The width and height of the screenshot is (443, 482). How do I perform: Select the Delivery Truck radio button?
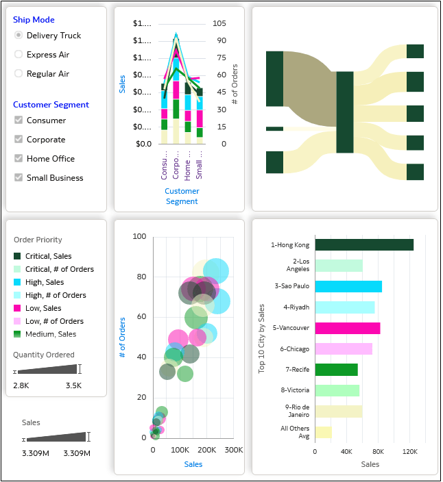19,36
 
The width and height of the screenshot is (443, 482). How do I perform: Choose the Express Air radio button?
19,55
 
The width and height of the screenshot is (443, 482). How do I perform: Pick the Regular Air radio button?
19,74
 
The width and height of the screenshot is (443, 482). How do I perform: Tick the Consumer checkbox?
19,120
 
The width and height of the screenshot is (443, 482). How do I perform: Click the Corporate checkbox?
19,140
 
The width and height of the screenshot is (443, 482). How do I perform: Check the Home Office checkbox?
19,159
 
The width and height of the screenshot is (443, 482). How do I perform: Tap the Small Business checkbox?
19,178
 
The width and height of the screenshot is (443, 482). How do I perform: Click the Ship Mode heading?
34,20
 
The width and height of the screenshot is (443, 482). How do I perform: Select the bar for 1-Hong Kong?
363,244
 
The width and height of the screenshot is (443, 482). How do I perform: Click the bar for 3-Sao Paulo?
348,286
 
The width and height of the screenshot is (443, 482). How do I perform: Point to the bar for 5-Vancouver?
347,328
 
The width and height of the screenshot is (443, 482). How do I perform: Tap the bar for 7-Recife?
336,370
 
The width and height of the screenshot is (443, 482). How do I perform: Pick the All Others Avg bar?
323,432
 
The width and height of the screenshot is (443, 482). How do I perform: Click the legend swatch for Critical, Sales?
18,256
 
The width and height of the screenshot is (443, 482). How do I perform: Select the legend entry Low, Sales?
45,308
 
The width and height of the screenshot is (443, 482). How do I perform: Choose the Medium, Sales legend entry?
51,334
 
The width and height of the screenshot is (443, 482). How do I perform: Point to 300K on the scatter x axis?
234,450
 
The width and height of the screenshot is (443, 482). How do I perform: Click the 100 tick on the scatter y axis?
139,236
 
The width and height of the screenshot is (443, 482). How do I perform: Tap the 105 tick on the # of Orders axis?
219,23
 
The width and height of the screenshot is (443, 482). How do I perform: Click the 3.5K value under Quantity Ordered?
73,385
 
